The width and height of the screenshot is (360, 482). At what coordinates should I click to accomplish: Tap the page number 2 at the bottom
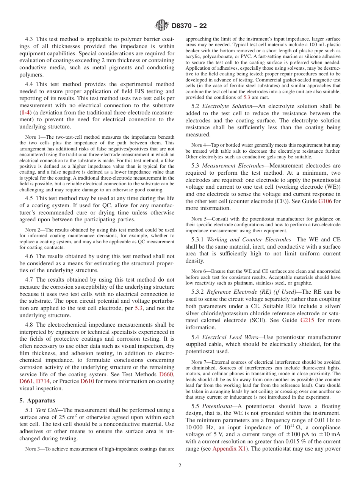pyautogui.click(x=180, y=466)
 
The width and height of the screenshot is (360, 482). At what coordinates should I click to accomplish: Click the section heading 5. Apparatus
pyautogui.click(x=37, y=401)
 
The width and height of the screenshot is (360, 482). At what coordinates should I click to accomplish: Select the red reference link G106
pyautogui.click(x=324, y=201)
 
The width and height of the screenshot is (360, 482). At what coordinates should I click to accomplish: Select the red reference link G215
pyautogui.click(x=307, y=320)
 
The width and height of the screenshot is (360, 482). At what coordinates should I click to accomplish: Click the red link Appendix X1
pyautogui.click(x=229, y=449)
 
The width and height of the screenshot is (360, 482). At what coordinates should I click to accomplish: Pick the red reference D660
pyautogui.click(x=166, y=374)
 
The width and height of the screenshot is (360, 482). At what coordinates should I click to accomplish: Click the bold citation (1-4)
pyautogui.click(x=25, y=113)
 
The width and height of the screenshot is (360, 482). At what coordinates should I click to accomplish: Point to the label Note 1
pyautogui.click(x=32, y=137)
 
